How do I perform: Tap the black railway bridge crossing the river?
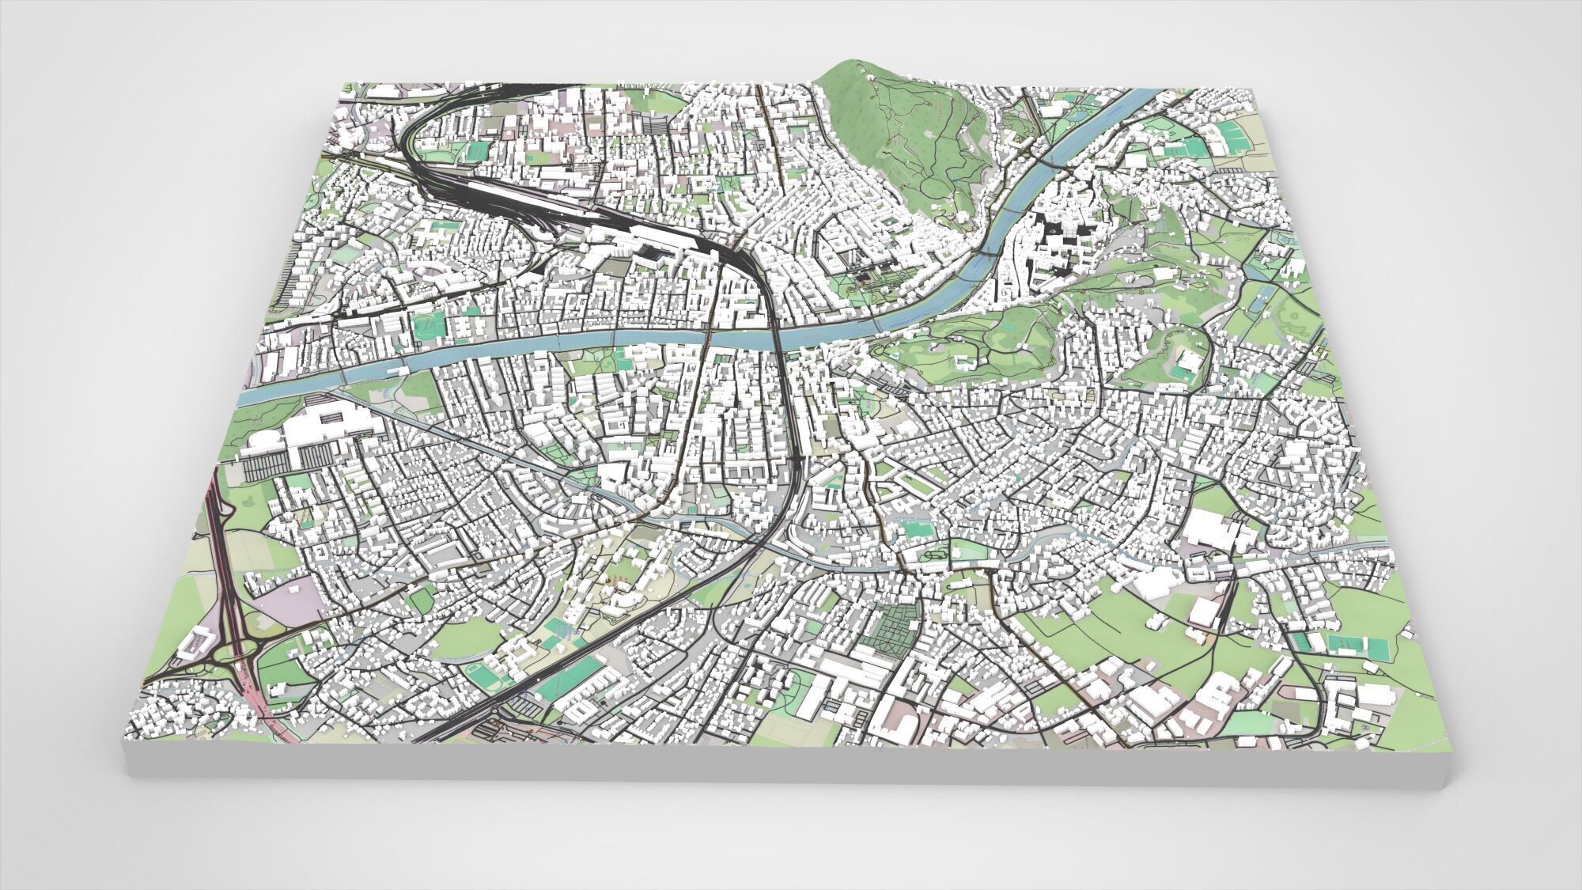click(x=778, y=340)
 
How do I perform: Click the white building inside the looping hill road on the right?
click(x=1184, y=366)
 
